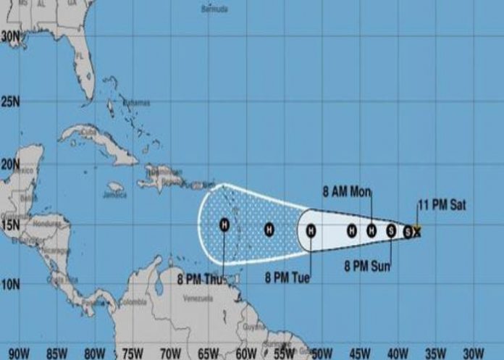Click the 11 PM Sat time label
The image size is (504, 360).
(442, 205)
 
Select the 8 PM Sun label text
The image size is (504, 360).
(367, 266)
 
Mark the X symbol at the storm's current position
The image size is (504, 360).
(416, 231)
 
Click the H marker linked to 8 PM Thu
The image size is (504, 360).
(224, 225)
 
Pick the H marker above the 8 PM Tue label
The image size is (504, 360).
(311, 230)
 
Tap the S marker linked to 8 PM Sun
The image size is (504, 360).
(391, 230)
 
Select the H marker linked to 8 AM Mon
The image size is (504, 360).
(371, 230)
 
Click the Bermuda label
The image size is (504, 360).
(215, 9)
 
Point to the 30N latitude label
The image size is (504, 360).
(10, 35)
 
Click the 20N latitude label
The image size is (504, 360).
(10, 164)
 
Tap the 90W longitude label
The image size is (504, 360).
(20, 353)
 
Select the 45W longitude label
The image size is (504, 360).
(357, 353)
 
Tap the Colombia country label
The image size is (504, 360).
(135, 303)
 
